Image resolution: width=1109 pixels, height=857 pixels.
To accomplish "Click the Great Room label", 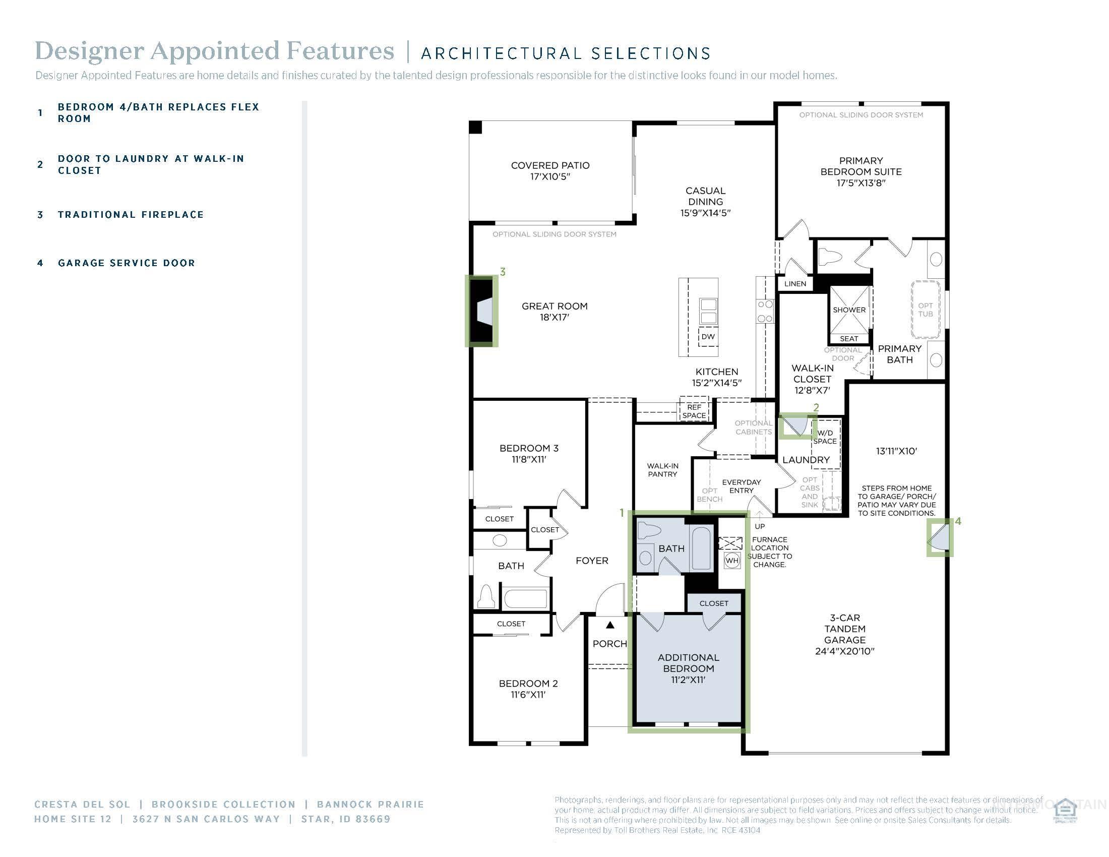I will (555, 306).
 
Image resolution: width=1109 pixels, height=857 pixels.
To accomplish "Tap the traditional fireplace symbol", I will (482, 311).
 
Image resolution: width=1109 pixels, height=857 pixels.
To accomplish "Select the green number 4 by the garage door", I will (958, 521).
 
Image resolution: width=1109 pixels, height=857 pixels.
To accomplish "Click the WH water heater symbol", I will (732, 561).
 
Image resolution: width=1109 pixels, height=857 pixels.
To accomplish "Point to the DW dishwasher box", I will (708, 337).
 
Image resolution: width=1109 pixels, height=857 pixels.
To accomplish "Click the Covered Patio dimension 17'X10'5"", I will (550, 176).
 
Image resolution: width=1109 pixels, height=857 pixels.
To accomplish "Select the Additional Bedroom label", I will (689, 662).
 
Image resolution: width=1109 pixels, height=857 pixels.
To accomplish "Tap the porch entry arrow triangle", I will (610, 625).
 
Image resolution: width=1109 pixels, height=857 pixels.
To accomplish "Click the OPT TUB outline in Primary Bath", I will (925, 310).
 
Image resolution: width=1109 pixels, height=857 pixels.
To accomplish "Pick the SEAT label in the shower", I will (849, 339).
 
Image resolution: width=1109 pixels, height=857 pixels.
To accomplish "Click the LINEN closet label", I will (795, 284).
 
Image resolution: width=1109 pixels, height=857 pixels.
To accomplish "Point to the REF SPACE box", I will (694, 411).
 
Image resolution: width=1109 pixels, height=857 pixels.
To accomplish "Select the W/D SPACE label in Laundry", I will (825, 437).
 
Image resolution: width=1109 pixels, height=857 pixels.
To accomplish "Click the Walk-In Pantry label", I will (662, 470).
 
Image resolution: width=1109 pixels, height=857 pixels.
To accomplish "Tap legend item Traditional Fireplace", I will (131, 215).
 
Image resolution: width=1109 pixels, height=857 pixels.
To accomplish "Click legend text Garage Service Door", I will (127, 263).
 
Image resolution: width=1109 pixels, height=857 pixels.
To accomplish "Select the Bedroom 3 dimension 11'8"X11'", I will (529, 459).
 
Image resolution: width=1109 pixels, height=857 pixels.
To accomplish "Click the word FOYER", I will (592, 561).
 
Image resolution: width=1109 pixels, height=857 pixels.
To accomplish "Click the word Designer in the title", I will (89, 51).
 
